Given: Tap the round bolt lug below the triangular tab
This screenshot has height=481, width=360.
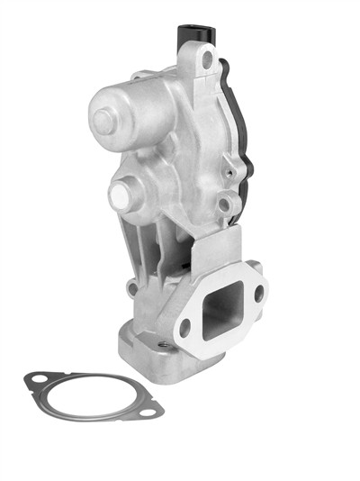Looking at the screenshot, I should point(233,204).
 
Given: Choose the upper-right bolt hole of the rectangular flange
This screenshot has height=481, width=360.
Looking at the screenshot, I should point(258,293).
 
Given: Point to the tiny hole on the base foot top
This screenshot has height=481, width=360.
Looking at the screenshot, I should point(163,345).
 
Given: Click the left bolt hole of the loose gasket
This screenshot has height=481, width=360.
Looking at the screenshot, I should point(39,379).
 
